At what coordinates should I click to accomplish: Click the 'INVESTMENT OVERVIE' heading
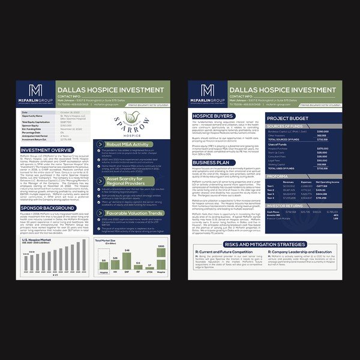(x=46, y=150)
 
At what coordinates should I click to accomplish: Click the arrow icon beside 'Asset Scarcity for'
(x=100, y=180)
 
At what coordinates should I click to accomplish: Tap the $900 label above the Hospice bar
(x=161, y=246)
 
